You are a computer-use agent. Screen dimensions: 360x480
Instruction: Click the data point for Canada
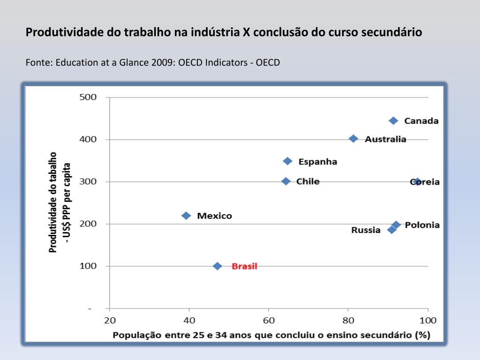tap(393, 120)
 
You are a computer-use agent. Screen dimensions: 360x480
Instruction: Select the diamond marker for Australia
tap(353, 139)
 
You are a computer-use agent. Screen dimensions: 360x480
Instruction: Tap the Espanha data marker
tap(288, 161)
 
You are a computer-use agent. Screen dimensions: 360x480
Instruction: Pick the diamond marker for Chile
tap(286, 181)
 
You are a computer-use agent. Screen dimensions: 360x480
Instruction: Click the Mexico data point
tap(186, 216)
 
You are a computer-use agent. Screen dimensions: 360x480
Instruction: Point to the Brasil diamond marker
tap(217, 266)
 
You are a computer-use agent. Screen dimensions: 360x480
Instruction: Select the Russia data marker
tap(391, 230)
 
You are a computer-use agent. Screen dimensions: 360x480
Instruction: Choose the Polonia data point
tap(396, 225)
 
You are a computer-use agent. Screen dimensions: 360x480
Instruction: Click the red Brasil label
tap(244, 266)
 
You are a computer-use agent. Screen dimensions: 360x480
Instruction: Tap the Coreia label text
tap(425, 182)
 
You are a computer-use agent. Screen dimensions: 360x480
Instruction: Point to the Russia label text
tap(366, 230)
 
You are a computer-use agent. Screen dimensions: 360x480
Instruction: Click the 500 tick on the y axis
tap(88, 97)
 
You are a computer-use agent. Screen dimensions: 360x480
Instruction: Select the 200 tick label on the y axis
tap(88, 224)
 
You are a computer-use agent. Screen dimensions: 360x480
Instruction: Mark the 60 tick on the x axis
tap(269, 321)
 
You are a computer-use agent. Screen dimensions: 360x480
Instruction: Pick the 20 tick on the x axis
tap(109, 321)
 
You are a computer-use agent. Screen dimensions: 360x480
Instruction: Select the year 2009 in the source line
tap(162, 62)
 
